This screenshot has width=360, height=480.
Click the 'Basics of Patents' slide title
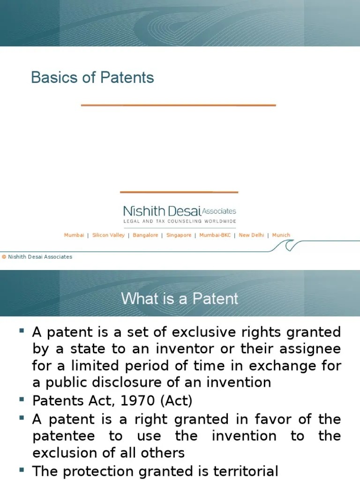pos(92,77)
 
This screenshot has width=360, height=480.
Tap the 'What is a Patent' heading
pos(180,299)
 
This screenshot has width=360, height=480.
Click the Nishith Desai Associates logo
pos(180,211)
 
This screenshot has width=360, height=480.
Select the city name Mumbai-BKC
pos(215,235)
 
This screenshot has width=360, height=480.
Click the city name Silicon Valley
pos(108,235)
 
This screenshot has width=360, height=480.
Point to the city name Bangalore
pos(145,235)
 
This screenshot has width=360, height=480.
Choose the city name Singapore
pos(179,235)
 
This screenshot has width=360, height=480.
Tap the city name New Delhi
pos(251,235)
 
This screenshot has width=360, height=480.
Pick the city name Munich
pos(281,235)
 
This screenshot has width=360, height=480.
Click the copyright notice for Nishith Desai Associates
pos(37,257)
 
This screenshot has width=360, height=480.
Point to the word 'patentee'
pos(64,436)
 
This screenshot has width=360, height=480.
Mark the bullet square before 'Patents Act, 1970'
pos(22,401)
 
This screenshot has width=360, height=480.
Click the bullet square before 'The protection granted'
pos(22,469)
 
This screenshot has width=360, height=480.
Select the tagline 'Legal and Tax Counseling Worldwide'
pos(180,221)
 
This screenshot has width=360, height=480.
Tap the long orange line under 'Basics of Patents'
pos(178,105)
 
